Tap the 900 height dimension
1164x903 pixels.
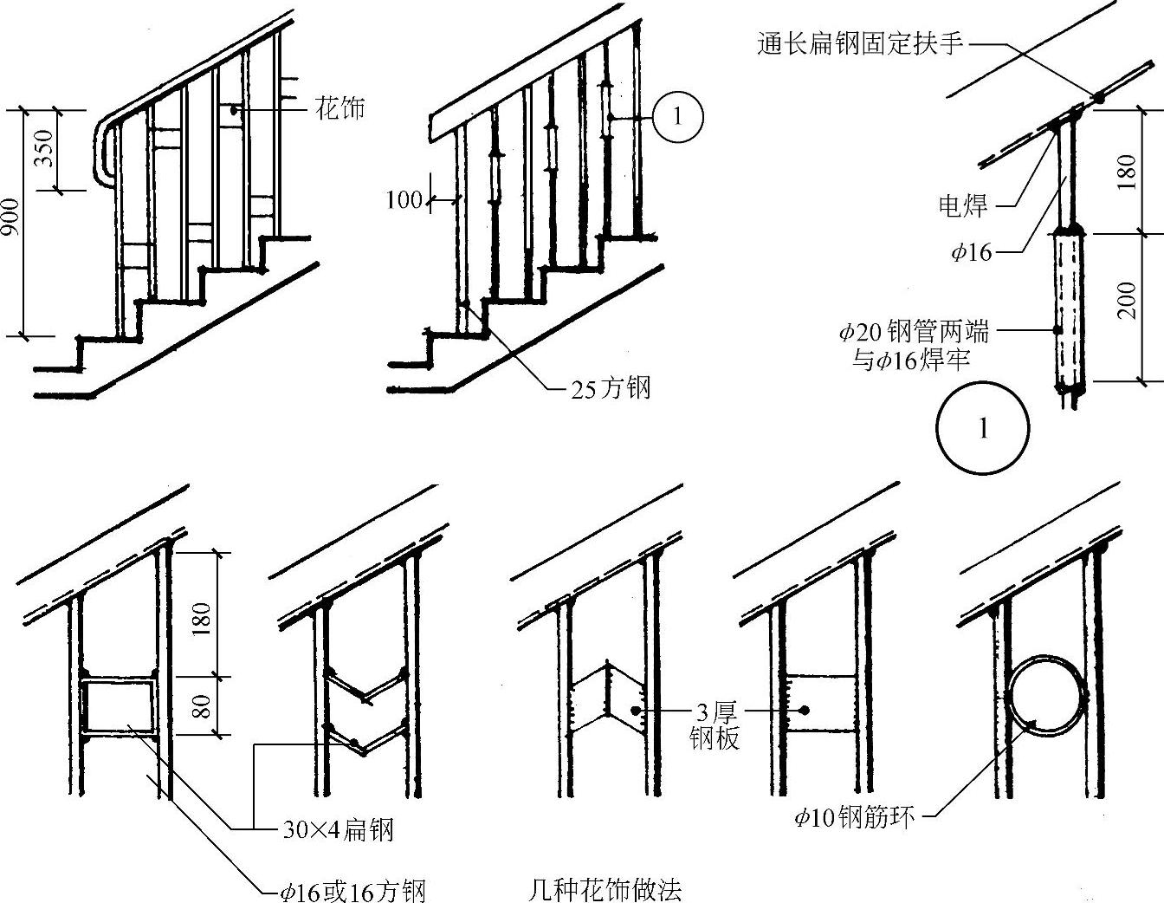[x=10, y=222]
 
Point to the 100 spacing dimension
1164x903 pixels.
[x=404, y=200]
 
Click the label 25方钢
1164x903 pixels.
[x=610, y=388]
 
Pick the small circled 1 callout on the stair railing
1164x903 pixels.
[x=677, y=116]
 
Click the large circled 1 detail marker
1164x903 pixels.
[x=983, y=428]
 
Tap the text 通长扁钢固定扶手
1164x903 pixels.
[x=859, y=44]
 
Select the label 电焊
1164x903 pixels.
[x=962, y=205]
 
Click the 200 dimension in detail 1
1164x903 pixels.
[x=1127, y=300]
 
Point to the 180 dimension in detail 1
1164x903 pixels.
[x=1127, y=173]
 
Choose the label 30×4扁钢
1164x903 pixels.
[x=338, y=830]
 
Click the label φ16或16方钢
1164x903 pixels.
[x=352, y=890]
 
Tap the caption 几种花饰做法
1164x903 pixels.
[x=604, y=889]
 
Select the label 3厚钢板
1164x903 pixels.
[x=715, y=726]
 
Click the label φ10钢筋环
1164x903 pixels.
[x=854, y=816]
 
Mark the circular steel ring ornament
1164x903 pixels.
[x=1045, y=697]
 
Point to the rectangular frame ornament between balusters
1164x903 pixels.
[x=118, y=706]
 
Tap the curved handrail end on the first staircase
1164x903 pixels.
[x=103, y=153]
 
